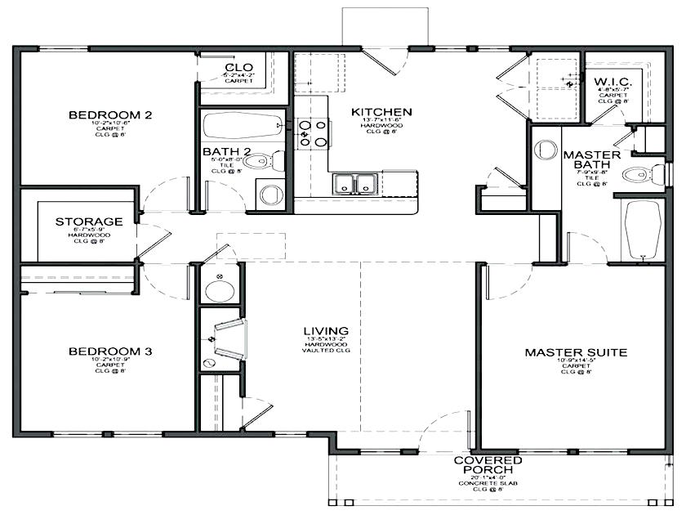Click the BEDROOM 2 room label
pos(110,115)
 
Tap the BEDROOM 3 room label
pos(110,352)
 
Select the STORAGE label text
pos(89,222)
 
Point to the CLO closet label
pos(238,67)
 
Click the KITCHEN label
pos(381,112)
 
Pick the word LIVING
pos(325,330)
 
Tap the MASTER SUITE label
pos(576,353)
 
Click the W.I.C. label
pos(612,82)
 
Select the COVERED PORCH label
pos(488,466)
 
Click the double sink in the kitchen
pos(354,183)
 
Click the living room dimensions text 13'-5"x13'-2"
pos(325,339)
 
